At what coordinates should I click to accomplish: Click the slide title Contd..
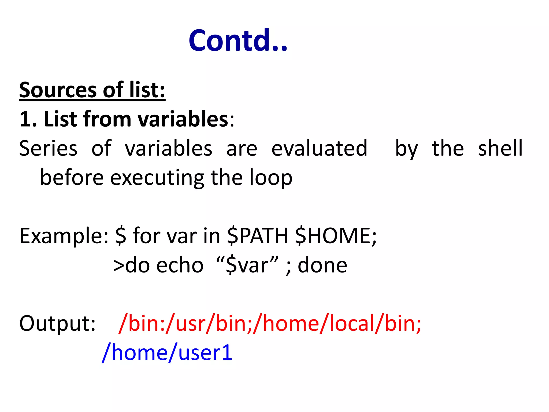point(238,41)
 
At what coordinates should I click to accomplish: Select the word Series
point(49,148)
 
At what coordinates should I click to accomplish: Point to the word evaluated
point(319,148)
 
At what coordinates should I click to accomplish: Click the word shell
point(500,148)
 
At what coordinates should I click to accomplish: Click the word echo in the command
point(180,265)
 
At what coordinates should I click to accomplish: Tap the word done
point(322,265)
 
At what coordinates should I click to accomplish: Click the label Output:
point(57,323)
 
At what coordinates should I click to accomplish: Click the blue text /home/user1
point(167,352)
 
